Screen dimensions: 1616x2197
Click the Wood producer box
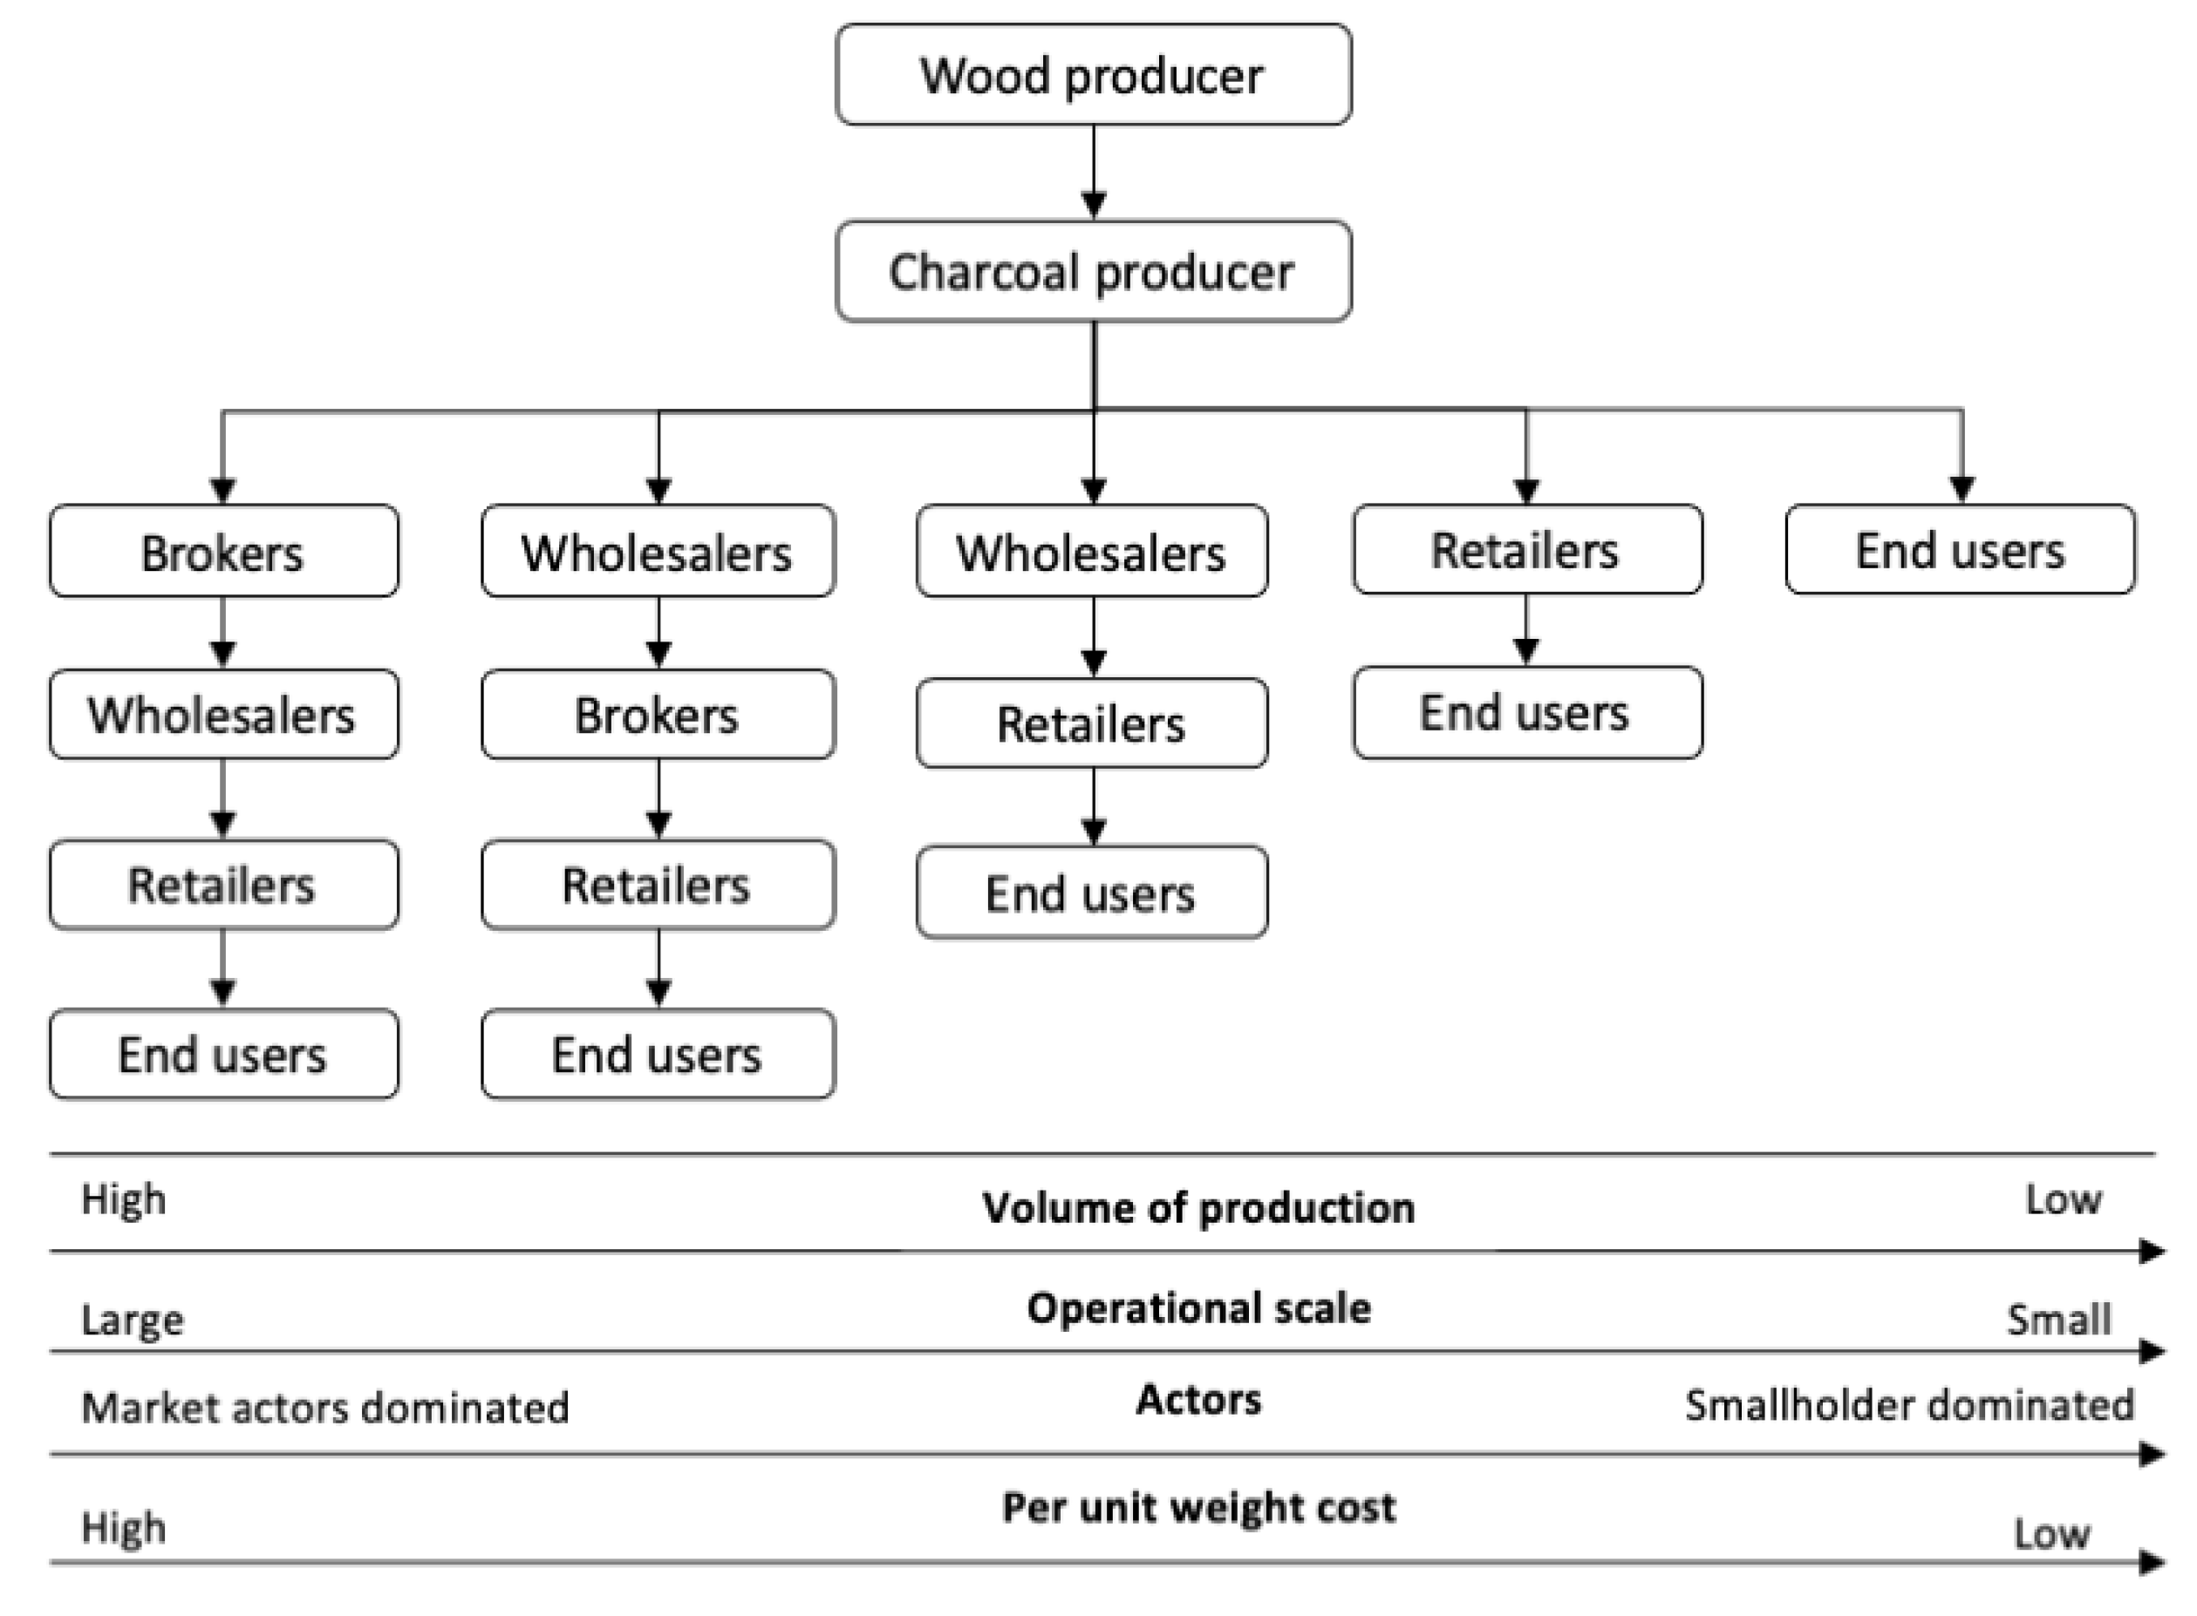click(1092, 75)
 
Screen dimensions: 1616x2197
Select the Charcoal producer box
click(1092, 271)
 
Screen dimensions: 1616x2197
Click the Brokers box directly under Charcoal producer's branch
click(223, 551)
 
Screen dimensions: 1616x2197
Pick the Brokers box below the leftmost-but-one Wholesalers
click(658, 714)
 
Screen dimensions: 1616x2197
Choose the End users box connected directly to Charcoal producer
click(1960, 550)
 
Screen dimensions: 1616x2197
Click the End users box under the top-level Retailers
click(1526, 712)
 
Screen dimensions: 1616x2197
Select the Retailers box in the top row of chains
click(1526, 550)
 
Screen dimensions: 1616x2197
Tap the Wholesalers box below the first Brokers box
click(223, 714)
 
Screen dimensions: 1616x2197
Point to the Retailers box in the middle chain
click(1091, 723)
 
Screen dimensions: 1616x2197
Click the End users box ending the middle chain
click(1091, 893)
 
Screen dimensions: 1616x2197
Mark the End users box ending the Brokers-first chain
click(223, 1055)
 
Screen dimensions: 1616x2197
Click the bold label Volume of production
click(1197, 1208)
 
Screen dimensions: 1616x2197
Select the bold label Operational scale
click(1197, 1307)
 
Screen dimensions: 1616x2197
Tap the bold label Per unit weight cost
click(1197, 1507)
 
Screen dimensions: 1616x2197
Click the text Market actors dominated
click(325, 1408)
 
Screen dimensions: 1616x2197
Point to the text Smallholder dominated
click(1908, 1406)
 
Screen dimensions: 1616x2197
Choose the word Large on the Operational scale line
click(132, 1320)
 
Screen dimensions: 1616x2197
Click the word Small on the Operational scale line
click(2058, 1320)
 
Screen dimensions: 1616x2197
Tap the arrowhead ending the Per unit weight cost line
click(2151, 1562)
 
